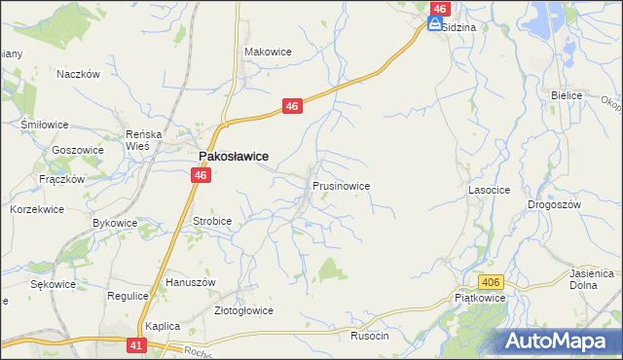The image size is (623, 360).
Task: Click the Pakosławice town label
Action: click(234, 156)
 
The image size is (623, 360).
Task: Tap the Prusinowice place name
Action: click(341, 185)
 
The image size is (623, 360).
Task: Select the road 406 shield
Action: click(493, 282)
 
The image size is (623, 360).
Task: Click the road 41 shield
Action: click(137, 344)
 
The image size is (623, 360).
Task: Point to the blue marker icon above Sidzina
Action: click(435, 23)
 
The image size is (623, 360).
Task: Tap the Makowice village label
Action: click(268, 52)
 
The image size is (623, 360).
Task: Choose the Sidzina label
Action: click(458, 28)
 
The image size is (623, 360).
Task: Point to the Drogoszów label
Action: click(554, 205)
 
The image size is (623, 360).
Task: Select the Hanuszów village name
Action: click(190, 282)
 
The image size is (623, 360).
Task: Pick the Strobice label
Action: click(212, 221)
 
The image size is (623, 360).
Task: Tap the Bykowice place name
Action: click(115, 223)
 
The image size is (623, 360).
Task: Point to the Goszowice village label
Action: click(78, 150)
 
